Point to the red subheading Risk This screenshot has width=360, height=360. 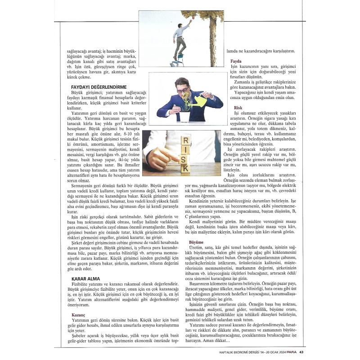tap(238, 108)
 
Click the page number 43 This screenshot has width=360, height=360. tap(302, 352)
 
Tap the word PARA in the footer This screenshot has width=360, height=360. tap(291, 352)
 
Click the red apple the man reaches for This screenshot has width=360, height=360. tap(192, 19)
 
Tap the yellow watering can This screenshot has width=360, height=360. tap(198, 101)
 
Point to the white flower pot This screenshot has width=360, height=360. tap(184, 116)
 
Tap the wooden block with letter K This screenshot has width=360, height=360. tap(185, 168)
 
